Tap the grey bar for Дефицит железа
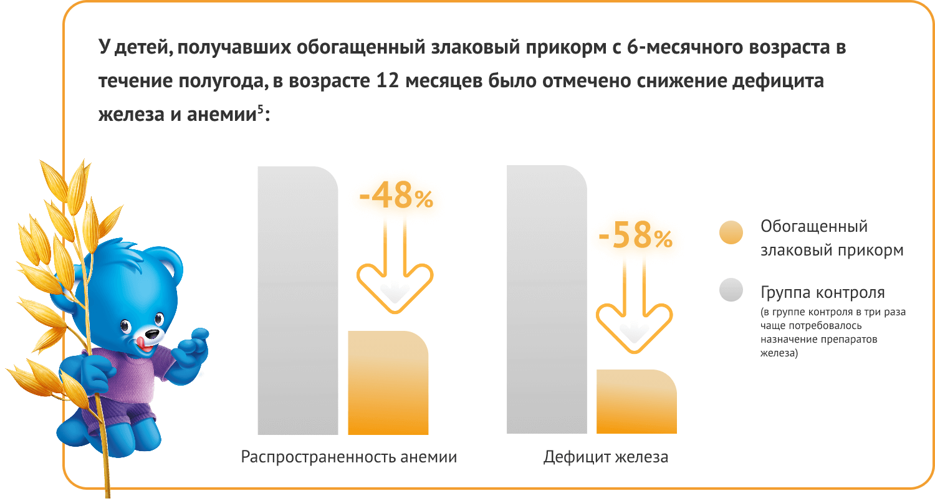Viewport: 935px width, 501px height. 547,299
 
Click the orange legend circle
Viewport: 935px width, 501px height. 731,233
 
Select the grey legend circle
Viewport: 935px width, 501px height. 731,290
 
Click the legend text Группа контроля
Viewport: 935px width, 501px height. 822,292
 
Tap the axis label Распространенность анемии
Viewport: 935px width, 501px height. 348,457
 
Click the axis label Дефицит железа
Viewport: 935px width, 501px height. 605,457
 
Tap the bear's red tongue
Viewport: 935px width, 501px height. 144,342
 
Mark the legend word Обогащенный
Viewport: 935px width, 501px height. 813,226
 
